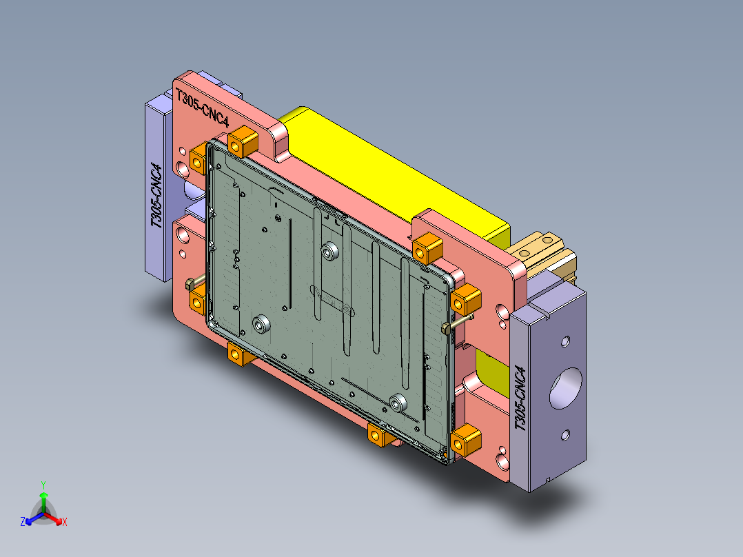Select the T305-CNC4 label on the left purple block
[x=158, y=196]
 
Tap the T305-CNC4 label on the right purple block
[x=522, y=398]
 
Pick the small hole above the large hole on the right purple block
[x=565, y=341]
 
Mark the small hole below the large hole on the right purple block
[x=566, y=434]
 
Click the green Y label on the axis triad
[x=43, y=485]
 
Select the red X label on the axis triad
[x=64, y=523]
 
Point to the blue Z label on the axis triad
[x=23, y=523]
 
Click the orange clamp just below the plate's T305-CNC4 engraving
[x=242, y=142]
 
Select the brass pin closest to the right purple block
[x=458, y=322]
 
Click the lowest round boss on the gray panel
[x=398, y=403]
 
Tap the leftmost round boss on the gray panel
[x=261, y=323]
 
